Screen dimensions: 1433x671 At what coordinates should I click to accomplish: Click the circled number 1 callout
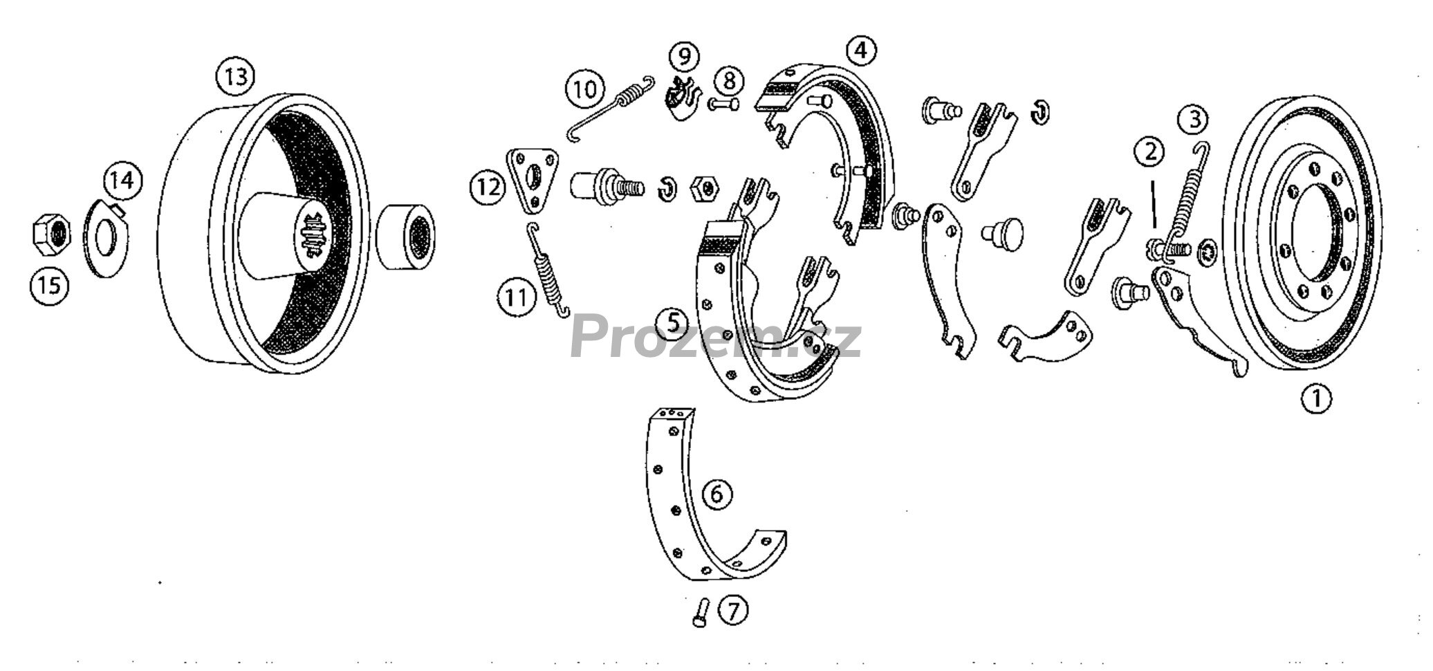click(x=1316, y=398)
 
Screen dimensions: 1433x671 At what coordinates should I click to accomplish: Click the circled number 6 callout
click(x=716, y=495)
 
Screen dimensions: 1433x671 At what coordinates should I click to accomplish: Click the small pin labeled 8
click(x=723, y=105)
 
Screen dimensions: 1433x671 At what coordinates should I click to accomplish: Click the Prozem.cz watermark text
click(x=716, y=335)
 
